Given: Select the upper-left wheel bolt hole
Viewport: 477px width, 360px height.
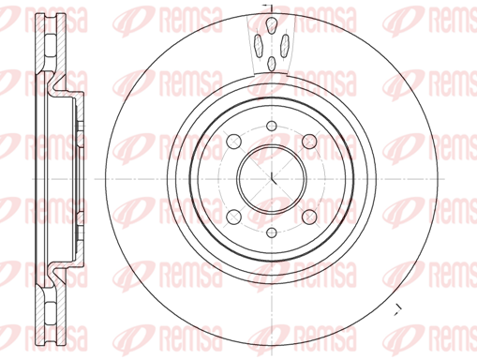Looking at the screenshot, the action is [233, 142].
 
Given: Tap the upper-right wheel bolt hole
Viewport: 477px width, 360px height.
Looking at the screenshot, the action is [309, 142].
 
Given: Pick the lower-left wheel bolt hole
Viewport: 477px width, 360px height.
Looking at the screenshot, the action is [233, 217].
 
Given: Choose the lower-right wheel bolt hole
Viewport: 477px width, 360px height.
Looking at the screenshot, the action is [309, 217].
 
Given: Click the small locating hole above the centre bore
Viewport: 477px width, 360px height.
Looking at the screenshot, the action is [272, 126].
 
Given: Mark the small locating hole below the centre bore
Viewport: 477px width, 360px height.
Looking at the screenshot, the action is [272, 232].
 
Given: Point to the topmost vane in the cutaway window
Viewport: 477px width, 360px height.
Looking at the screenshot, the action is [272, 25].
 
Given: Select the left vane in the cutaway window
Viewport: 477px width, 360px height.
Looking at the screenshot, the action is [259, 46].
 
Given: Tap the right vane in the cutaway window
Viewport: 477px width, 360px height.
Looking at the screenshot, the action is [285, 46].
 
